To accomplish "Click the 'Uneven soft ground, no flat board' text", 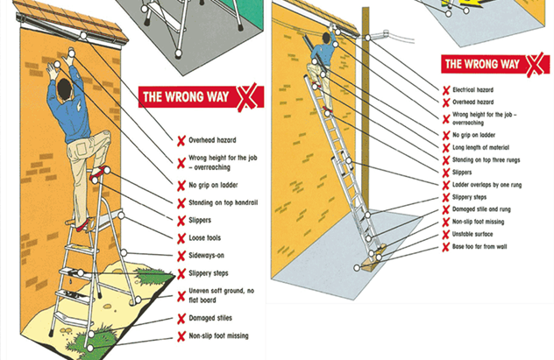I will (220, 295).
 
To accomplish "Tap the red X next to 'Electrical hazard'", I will (446, 89).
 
